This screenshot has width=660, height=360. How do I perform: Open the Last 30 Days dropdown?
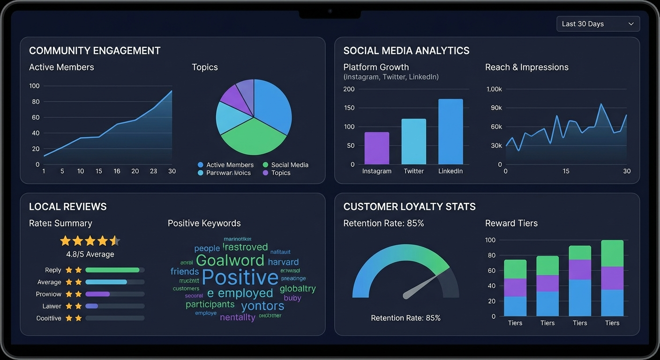[x=598, y=24]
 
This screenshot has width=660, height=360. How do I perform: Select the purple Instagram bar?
[x=377, y=148]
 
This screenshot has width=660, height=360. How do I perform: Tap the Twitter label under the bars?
[x=414, y=171]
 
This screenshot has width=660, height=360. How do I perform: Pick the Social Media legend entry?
[x=289, y=165]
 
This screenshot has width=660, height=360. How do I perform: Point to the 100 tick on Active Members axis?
[x=34, y=86]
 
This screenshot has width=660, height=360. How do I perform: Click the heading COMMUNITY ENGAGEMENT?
[x=95, y=51]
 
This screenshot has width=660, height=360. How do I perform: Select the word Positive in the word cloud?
[x=240, y=277]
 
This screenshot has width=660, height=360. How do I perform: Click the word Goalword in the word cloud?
[x=230, y=260]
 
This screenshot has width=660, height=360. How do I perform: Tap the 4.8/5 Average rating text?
[x=90, y=254]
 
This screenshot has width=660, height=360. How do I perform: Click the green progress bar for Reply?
[x=112, y=270]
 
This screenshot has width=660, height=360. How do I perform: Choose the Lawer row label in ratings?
[x=52, y=306]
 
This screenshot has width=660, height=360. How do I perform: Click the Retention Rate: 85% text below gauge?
[x=405, y=318]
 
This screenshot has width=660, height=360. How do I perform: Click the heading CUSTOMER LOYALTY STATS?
[x=409, y=207]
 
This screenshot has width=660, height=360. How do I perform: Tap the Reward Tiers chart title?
[x=511, y=223]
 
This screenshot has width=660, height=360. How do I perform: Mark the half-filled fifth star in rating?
[x=115, y=241]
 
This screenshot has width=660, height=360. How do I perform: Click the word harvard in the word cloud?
[x=283, y=262]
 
